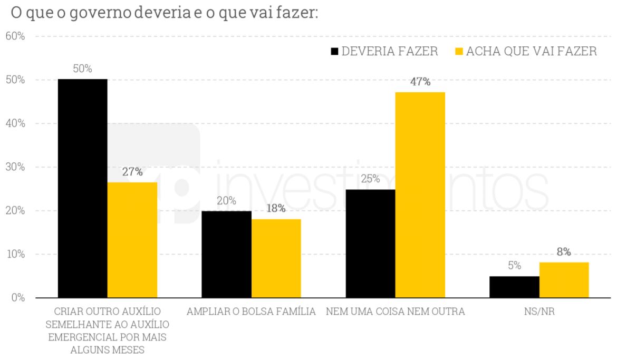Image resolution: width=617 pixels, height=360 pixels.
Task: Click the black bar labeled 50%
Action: pos(82,188)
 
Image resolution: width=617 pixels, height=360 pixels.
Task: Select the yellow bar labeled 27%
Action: pos(132,240)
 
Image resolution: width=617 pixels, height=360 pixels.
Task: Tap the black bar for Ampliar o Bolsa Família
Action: pos(226,254)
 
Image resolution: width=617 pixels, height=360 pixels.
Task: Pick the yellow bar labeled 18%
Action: pos(276,258)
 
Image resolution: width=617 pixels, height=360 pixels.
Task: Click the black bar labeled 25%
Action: pos(370,244)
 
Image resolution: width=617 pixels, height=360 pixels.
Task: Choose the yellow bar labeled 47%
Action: pos(420,195)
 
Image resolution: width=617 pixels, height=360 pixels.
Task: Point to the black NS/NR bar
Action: pos(514,287)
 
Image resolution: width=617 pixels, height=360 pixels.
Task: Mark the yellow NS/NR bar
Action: pos(564,280)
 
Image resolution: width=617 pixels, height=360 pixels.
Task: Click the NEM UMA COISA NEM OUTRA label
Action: pos(395,312)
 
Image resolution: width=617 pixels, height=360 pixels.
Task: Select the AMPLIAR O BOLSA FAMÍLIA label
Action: pos(251,312)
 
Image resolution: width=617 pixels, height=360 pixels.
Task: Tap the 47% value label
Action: pos(420,82)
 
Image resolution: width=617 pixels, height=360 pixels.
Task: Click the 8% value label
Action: pos(564,252)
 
